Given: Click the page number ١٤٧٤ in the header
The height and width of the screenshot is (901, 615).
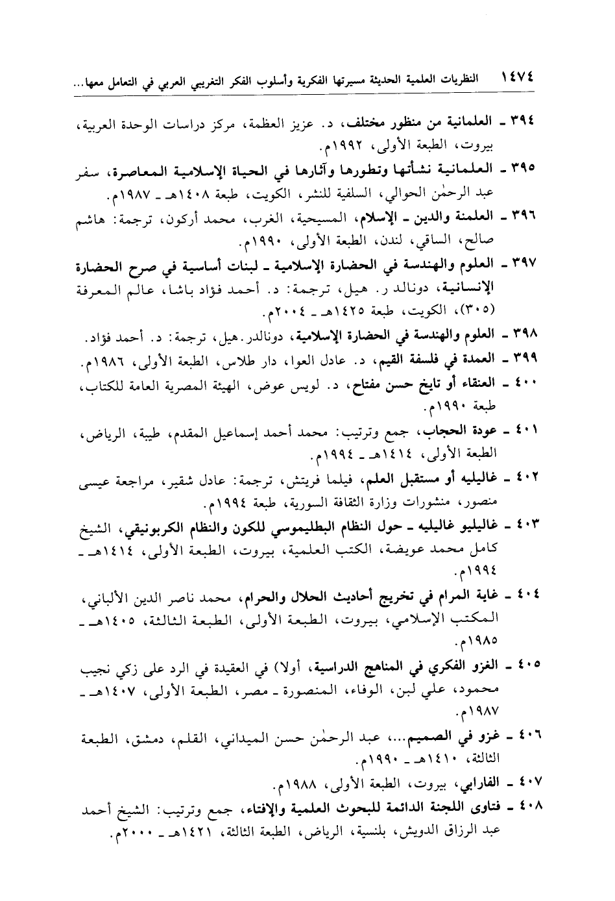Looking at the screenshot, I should pos(518,79).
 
